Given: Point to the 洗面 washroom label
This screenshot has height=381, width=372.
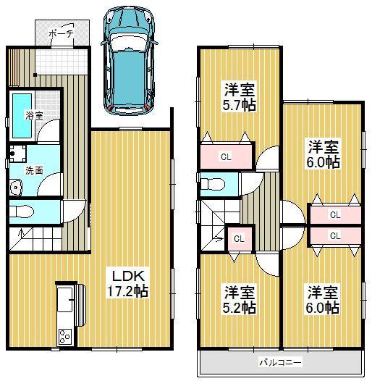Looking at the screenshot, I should point(34,171).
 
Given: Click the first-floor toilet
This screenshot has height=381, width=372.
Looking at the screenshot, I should point(24,210).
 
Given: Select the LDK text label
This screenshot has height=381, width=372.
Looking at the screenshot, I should point(129,276).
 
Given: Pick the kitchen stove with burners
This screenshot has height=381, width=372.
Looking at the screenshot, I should point(64,336).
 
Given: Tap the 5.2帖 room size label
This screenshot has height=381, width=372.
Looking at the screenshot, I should point(239,309).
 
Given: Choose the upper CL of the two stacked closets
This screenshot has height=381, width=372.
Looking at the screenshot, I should point(334,215).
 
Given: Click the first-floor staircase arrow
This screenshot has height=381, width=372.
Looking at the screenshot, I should point(22,233).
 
